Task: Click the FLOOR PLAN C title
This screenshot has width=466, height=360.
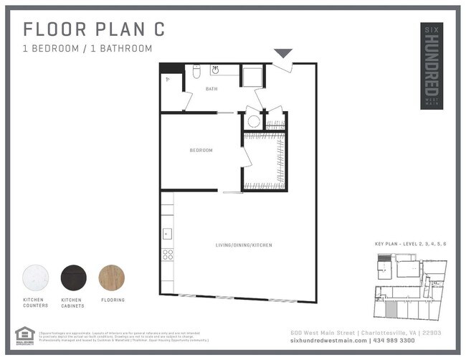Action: point(94,29)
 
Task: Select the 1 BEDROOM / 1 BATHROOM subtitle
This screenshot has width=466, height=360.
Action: point(87,49)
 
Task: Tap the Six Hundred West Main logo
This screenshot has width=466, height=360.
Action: point(431,65)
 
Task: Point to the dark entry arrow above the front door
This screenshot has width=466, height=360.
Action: point(283,53)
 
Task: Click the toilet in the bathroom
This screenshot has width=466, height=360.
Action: point(196,72)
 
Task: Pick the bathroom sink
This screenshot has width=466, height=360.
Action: point(215,70)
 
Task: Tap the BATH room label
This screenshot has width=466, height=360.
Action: point(211,90)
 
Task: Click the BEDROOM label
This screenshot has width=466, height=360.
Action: point(201,151)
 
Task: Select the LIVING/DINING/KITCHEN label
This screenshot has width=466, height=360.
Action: point(244,245)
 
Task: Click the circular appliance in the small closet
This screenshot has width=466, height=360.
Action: point(253,121)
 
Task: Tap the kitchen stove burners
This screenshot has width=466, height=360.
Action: point(167,254)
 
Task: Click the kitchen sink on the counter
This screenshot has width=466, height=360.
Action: point(166,233)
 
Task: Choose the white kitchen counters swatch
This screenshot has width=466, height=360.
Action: point(35,278)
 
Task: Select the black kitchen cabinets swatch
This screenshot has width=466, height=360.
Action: point(73,278)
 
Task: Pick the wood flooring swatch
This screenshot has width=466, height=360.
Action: point(112,278)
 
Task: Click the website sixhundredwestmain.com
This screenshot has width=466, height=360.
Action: point(328,340)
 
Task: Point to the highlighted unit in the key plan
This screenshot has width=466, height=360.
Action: point(391,309)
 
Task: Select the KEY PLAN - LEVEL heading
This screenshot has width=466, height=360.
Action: point(411,245)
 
